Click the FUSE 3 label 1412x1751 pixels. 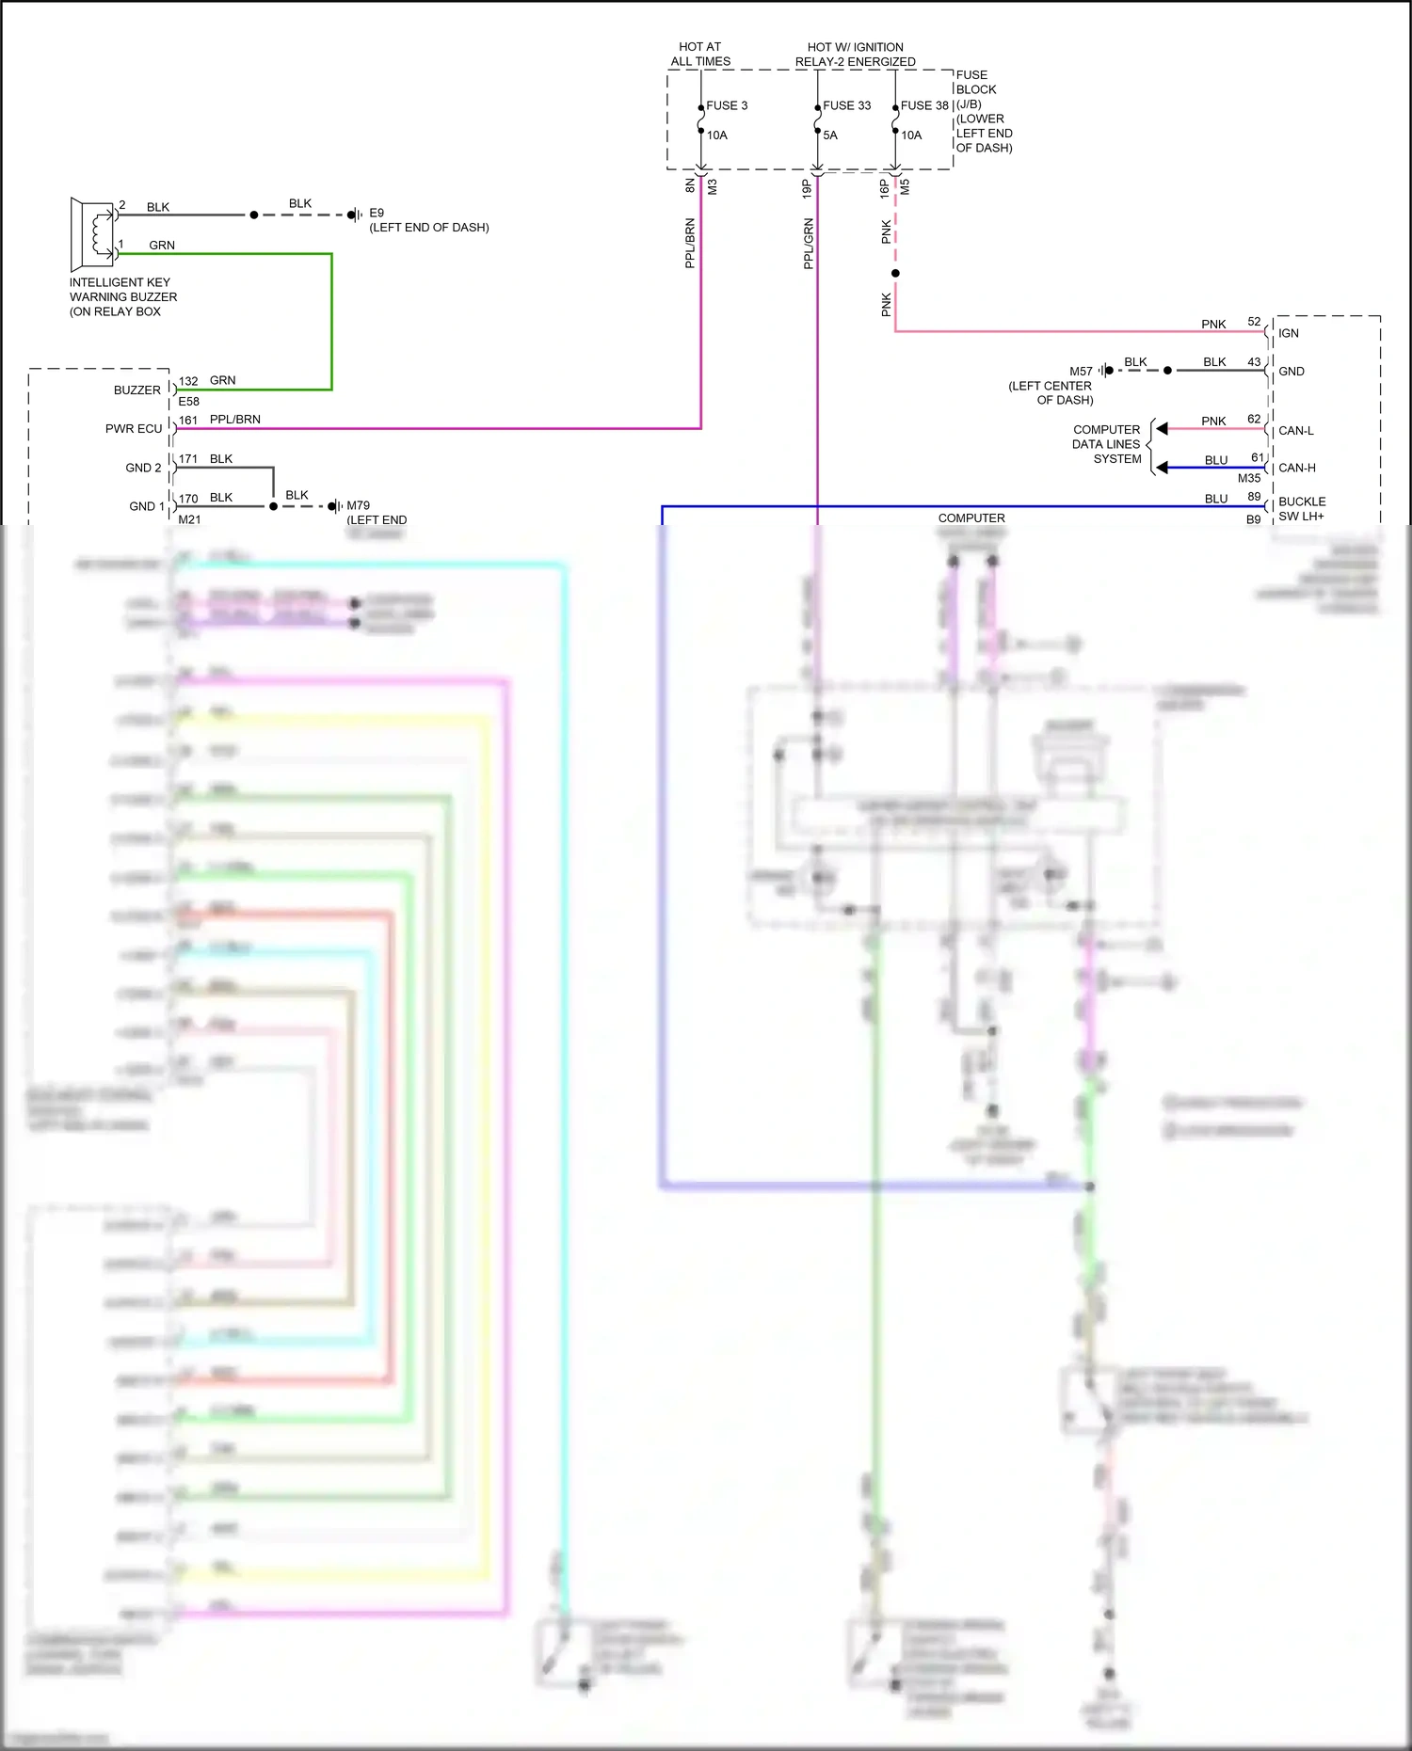tap(727, 105)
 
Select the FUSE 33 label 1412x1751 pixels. tap(846, 105)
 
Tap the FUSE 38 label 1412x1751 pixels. tap(924, 105)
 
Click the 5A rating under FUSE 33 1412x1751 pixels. tap(830, 135)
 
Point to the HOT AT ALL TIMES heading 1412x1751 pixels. tap(700, 54)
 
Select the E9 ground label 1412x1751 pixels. tap(377, 213)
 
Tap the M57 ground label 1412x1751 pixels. tap(1081, 371)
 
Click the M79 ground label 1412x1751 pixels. tap(358, 505)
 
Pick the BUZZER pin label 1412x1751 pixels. tap(137, 390)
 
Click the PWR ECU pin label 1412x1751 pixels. tap(134, 428)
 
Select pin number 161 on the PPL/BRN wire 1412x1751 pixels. tap(188, 420)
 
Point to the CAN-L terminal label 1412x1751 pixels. tap(1296, 430)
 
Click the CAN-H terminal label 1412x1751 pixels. tap(1297, 468)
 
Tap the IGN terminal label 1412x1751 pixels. tap(1289, 333)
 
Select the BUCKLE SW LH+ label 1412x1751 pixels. tap(1302, 508)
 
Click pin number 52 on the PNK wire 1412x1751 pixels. tap(1254, 322)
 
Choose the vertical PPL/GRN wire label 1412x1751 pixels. tap(808, 244)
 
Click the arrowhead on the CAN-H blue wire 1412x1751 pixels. tap(1163, 468)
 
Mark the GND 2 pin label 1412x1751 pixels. tap(143, 468)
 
